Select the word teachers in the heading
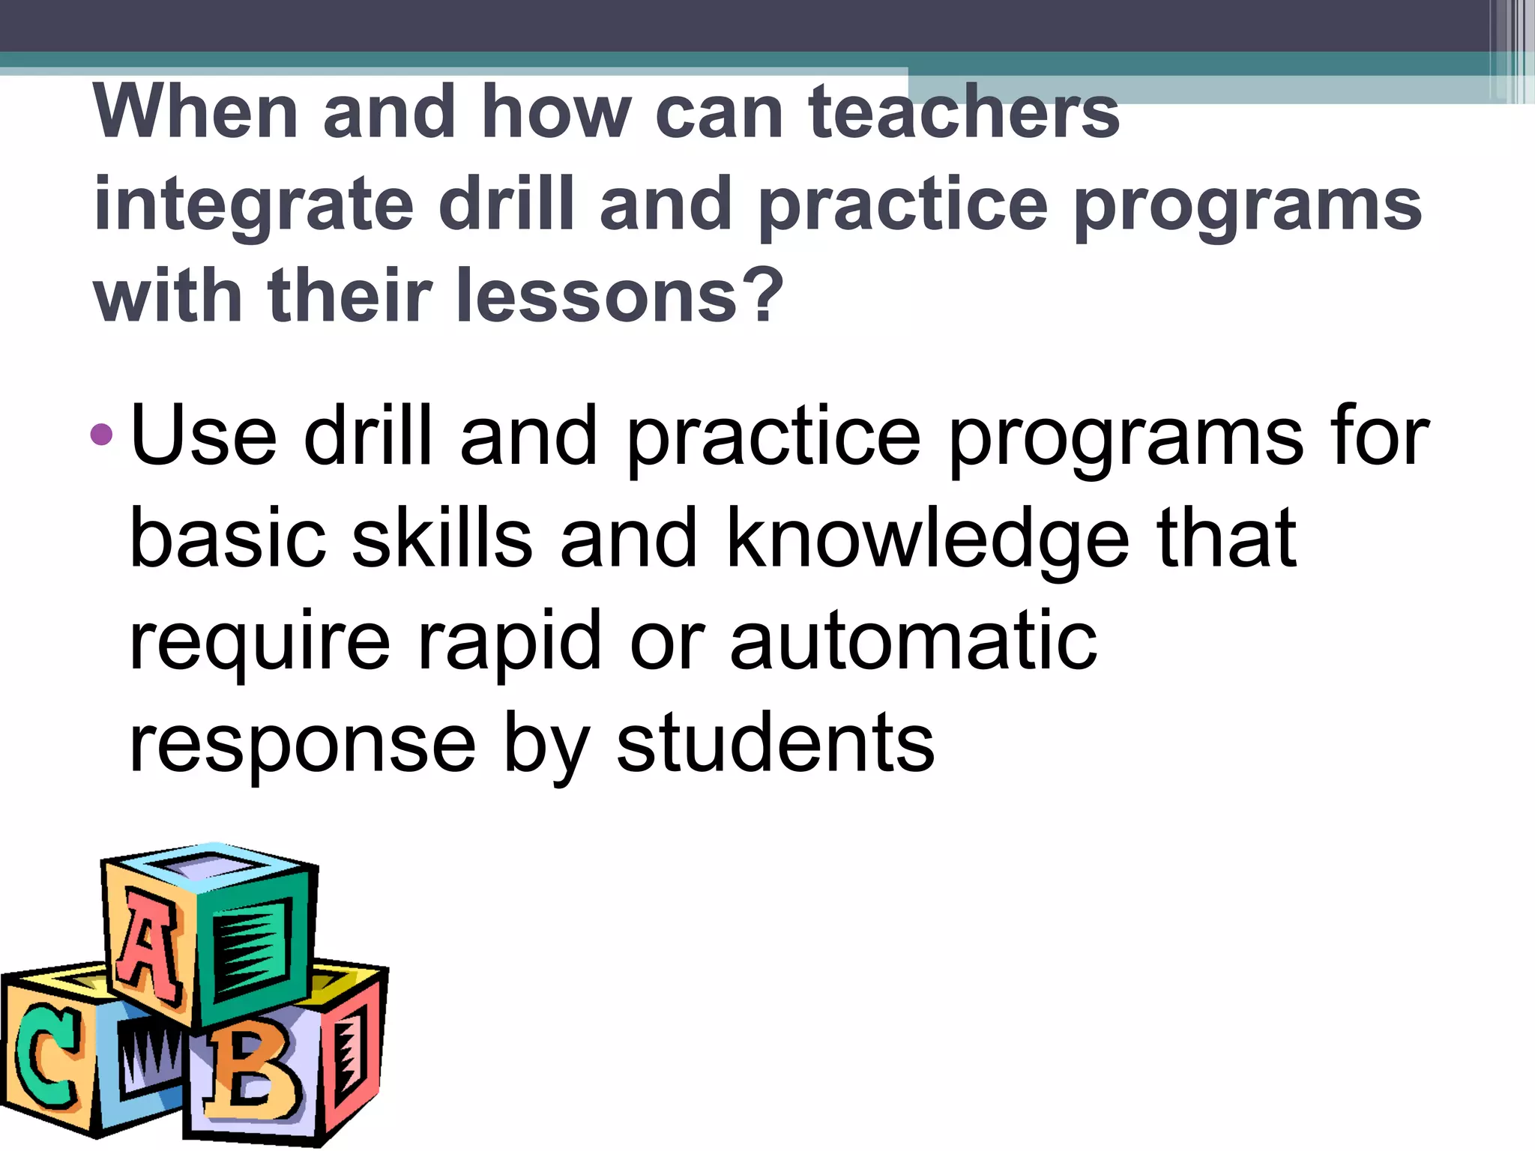pyautogui.click(x=963, y=112)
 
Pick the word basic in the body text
pyautogui.click(x=228, y=538)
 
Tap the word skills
pyautogui.click(x=442, y=538)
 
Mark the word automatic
pyautogui.click(x=914, y=641)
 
